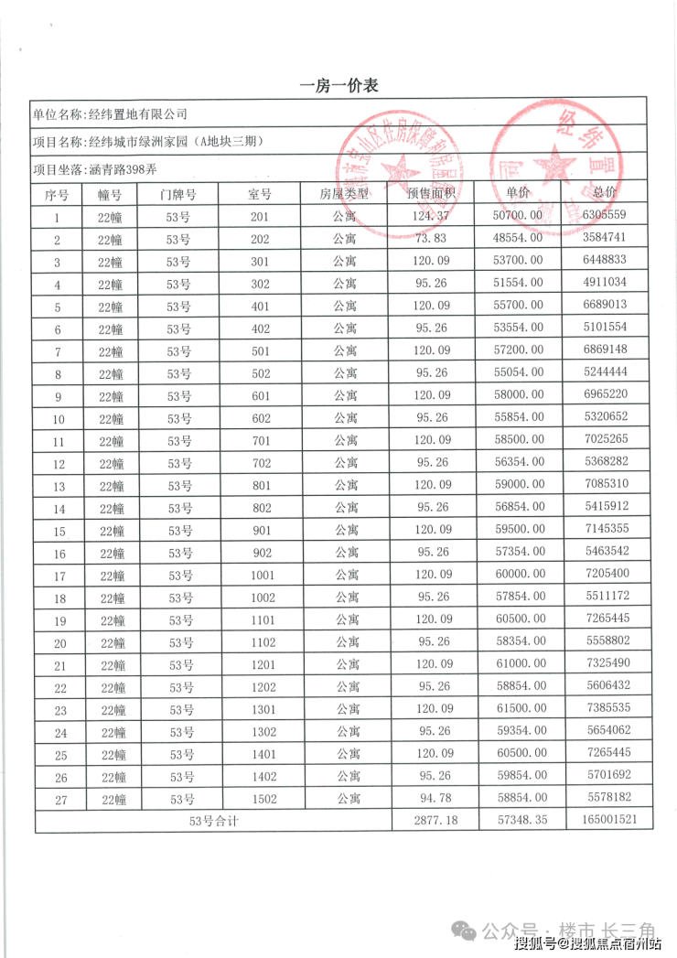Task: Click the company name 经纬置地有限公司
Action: point(136,114)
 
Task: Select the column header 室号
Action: point(261,194)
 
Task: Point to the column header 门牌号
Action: point(177,194)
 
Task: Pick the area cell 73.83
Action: point(434,239)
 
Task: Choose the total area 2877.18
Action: point(434,821)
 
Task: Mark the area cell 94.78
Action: point(434,799)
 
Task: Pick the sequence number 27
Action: point(57,799)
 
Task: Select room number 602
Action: point(261,418)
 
